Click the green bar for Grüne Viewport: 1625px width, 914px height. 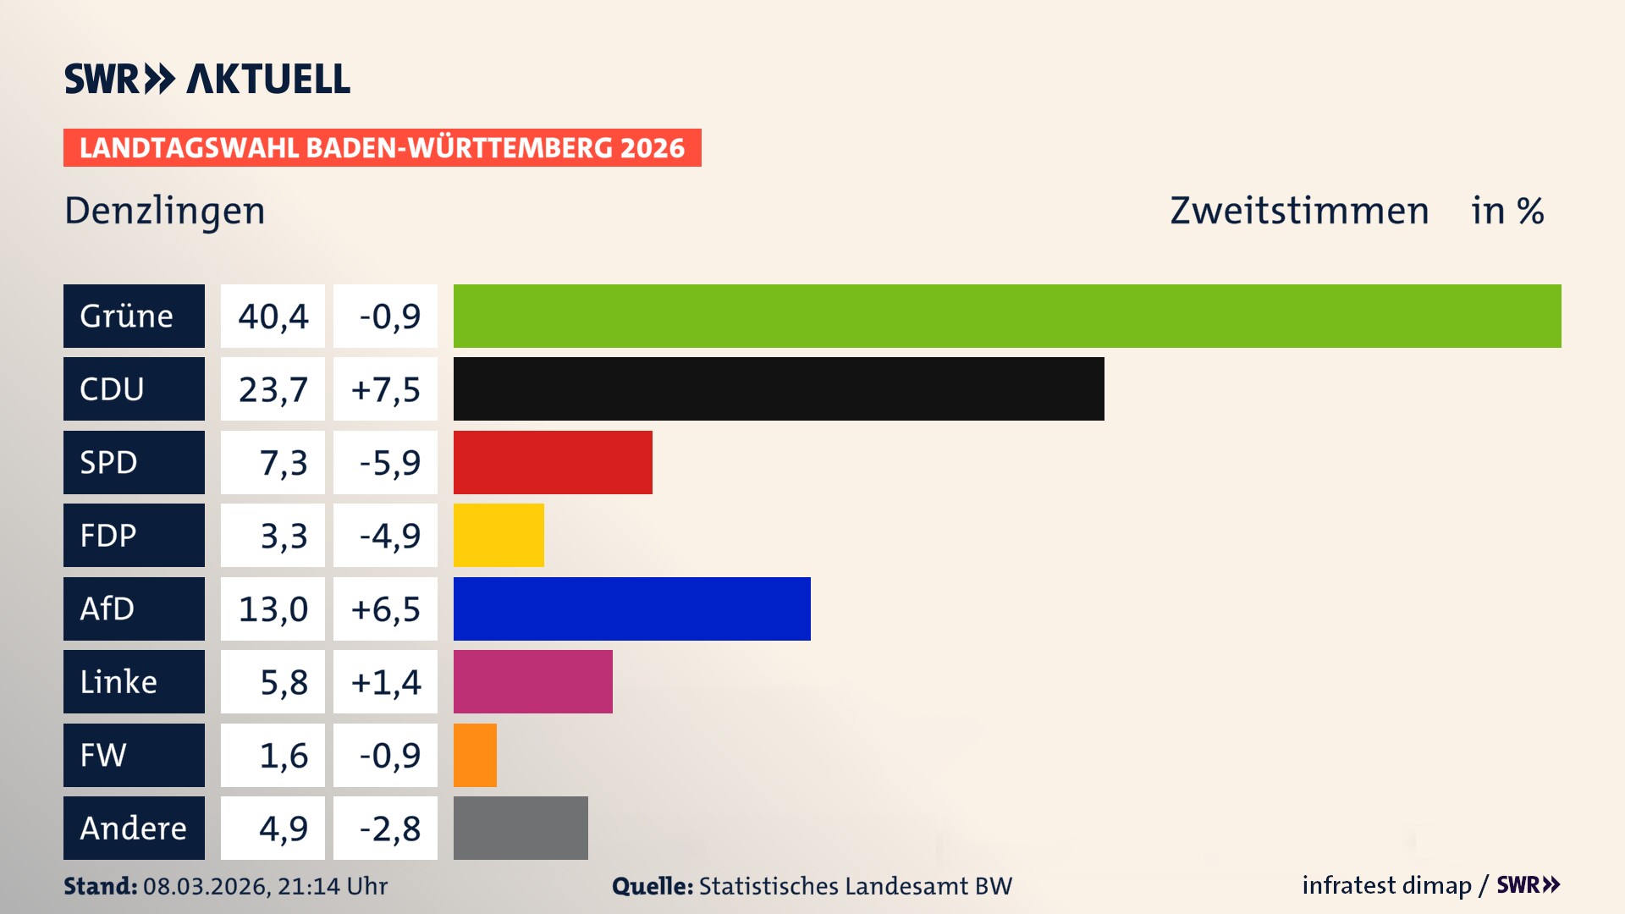pos(1007,316)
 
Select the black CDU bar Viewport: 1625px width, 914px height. pos(779,389)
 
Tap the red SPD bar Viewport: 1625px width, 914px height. pos(553,462)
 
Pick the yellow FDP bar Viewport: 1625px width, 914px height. pos(499,535)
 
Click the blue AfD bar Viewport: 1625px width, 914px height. pos(631,608)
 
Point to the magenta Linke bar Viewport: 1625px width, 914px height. pos(532,681)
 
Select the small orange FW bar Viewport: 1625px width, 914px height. pos(475,755)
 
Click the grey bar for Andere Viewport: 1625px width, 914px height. pos(521,828)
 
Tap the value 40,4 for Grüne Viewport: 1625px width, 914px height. pos(273,317)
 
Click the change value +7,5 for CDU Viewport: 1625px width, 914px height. pos(385,389)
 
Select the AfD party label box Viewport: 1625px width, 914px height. pos(134,608)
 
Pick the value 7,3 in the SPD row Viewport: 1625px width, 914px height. pos(283,463)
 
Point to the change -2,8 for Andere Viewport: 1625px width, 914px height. pos(388,829)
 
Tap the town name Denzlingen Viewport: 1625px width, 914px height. pos(165,211)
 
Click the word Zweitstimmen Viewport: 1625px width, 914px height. pos(1299,211)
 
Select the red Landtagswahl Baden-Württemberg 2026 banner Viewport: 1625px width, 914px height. pos(382,147)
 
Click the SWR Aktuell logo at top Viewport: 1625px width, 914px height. pos(207,79)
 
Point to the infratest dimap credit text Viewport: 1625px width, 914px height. pos(1386,885)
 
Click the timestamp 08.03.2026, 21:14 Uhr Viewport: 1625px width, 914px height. pos(265,886)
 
